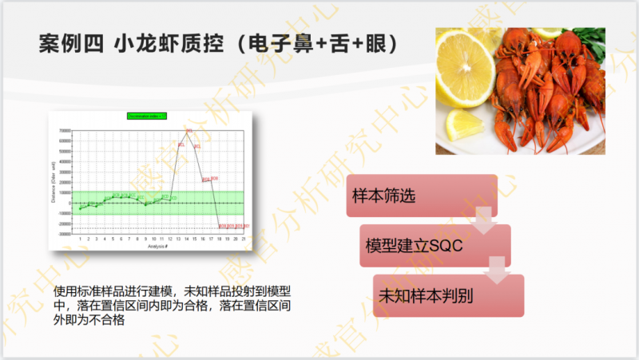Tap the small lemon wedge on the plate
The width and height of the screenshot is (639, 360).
click(463, 125)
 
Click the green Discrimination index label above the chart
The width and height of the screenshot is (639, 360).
click(146, 116)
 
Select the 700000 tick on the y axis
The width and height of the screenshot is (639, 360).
click(64, 132)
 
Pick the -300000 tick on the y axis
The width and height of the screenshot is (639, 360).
click(63, 235)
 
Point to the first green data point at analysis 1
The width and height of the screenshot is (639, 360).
click(80, 209)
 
